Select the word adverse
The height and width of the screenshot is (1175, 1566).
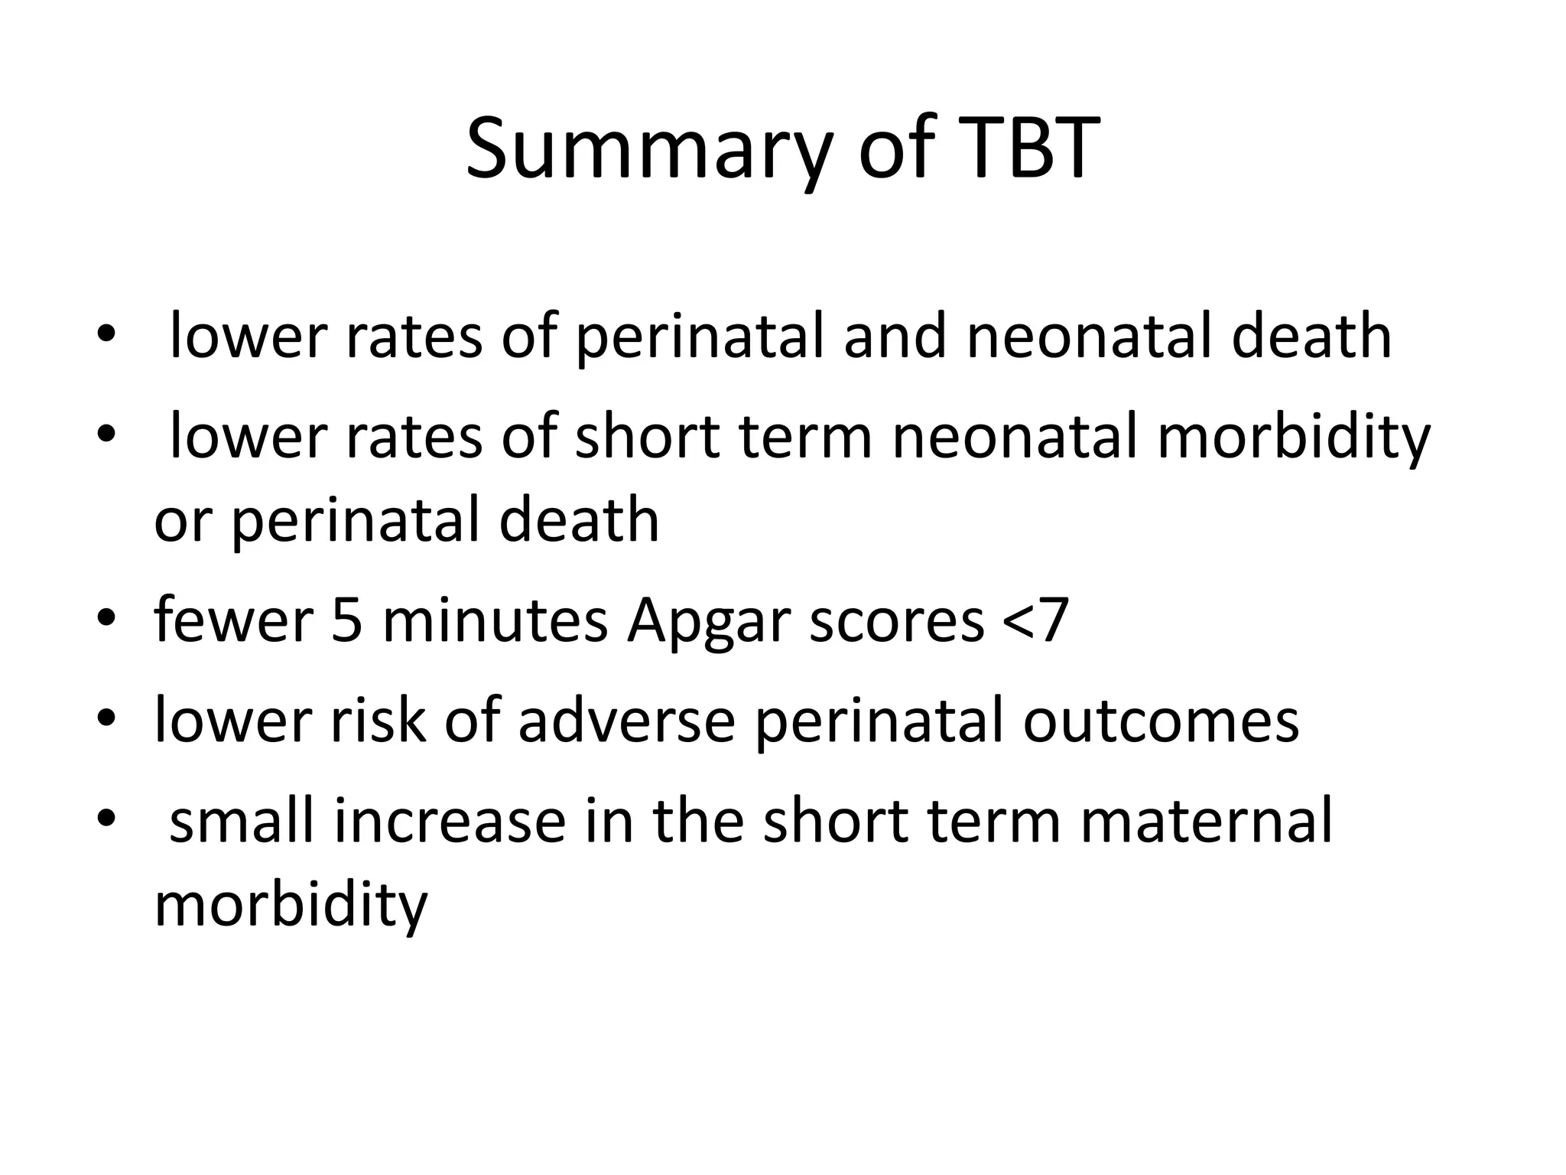626,721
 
